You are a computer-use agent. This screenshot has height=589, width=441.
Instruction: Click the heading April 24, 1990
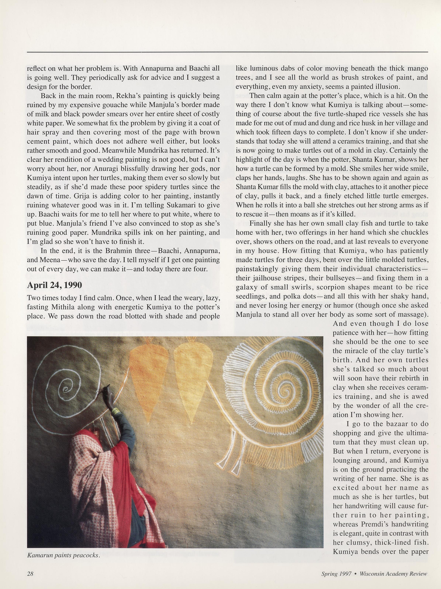tap(54, 285)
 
